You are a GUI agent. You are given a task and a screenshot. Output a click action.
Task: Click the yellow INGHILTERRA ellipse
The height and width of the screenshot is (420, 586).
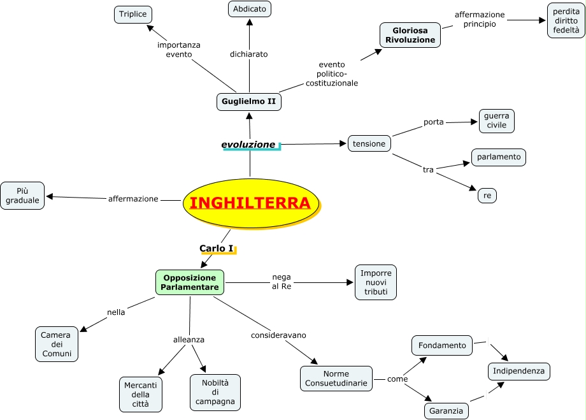tap(250, 203)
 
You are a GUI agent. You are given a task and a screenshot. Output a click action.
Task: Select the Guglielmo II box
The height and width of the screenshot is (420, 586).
tap(249, 101)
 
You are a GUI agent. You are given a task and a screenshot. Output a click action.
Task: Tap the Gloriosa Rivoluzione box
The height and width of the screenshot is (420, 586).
tap(410, 34)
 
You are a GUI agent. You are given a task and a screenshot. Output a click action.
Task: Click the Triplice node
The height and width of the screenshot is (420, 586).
tap(132, 14)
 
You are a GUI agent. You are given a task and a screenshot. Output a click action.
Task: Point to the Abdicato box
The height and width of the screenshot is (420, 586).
tap(250, 9)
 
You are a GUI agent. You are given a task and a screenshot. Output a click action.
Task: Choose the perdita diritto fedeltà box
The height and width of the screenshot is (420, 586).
tap(566, 20)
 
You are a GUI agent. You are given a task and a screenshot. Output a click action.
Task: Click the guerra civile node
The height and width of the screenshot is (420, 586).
tap(496, 120)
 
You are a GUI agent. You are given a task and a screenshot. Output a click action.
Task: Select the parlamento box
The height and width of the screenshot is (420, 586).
tap(499, 157)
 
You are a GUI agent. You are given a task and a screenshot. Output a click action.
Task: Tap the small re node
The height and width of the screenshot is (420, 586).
tap(487, 196)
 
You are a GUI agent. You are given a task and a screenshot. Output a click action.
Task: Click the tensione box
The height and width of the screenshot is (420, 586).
tap(369, 143)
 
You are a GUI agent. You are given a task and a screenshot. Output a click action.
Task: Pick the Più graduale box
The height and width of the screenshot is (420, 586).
tap(22, 196)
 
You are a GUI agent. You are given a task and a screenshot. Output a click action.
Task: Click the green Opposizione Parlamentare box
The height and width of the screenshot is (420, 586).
tap(190, 282)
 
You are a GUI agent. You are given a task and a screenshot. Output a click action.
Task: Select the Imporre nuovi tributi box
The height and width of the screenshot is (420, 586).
tap(376, 282)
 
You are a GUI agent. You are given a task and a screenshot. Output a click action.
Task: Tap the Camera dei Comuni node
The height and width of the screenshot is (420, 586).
tap(57, 344)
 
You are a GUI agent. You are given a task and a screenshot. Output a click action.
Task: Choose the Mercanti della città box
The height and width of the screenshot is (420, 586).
tap(141, 394)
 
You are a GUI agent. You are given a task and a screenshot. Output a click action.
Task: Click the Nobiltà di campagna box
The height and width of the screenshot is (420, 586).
tap(215, 392)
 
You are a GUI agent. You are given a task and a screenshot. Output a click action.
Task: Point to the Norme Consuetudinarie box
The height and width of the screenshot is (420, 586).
tap(336, 379)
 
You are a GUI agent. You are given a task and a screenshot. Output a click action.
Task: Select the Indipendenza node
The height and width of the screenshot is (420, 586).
tap(519, 371)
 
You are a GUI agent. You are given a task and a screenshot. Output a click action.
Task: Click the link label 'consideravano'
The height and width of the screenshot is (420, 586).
tap(278, 335)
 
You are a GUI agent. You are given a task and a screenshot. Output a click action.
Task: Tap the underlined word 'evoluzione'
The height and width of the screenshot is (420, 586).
tap(248, 145)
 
